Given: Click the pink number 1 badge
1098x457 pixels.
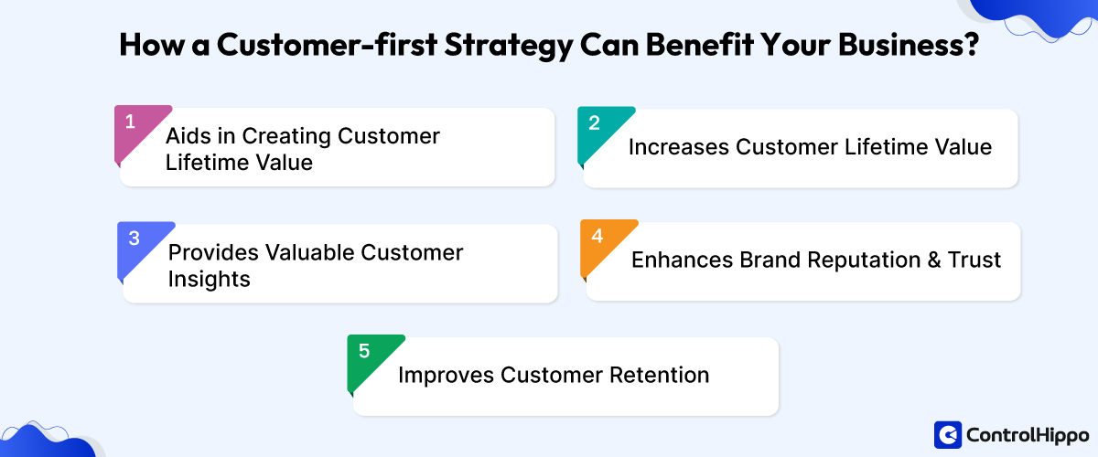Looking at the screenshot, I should [x=134, y=124].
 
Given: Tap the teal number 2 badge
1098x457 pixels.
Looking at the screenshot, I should [x=597, y=125].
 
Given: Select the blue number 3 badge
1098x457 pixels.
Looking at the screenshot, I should [x=136, y=239].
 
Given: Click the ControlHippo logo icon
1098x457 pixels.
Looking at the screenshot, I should [x=948, y=435].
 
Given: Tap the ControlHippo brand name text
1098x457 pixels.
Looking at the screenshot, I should [x=1027, y=436].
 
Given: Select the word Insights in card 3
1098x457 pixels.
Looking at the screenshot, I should [x=209, y=280].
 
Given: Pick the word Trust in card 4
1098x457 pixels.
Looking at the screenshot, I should [x=976, y=260].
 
